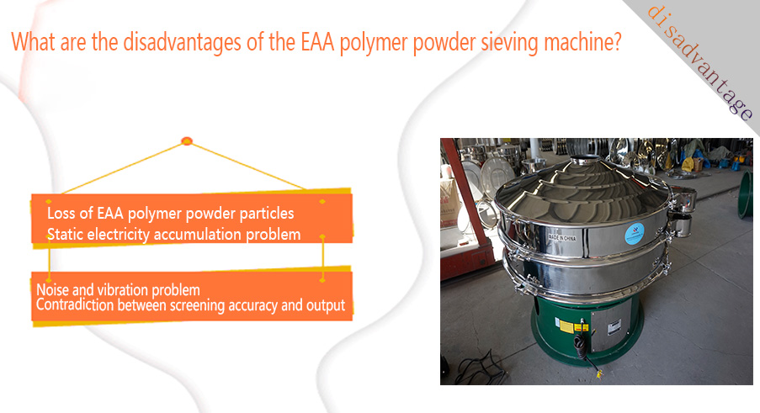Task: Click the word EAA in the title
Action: coord(317,42)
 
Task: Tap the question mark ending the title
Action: coord(617,42)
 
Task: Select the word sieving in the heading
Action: coord(509,43)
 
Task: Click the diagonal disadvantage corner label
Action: coord(700,62)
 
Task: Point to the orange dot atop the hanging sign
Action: coord(187,141)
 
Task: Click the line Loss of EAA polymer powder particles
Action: coord(171,213)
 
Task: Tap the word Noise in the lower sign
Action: coord(53,290)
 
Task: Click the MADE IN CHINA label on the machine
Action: coord(561,238)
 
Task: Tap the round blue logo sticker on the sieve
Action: coord(634,234)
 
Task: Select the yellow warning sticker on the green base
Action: coord(566,326)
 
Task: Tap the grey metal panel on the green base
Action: coord(612,325)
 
